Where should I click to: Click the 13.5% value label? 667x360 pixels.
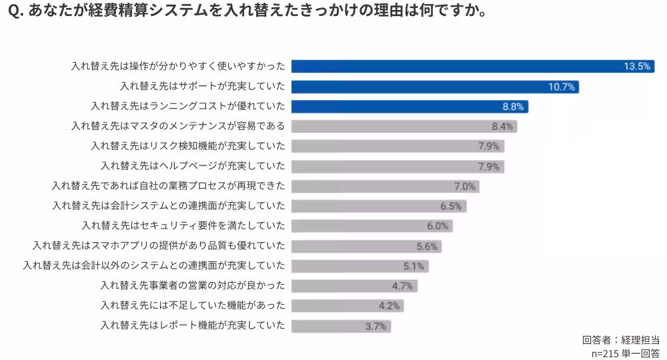click(636, 67)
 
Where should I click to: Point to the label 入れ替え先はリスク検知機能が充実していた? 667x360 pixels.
click(188, 146)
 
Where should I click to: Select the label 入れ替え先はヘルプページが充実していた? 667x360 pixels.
click(193, 166)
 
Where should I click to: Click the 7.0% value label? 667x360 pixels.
click(464, 187)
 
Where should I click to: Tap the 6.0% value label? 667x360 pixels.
click(438, 226)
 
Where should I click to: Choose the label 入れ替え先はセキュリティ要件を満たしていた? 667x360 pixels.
click(183, 226)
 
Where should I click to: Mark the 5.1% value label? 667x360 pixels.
click(414, 266)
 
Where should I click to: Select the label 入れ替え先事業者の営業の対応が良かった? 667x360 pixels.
click(193, 286)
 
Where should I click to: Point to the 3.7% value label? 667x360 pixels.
click(376, 326)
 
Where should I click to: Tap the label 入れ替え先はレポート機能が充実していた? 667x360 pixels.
click(193, 326)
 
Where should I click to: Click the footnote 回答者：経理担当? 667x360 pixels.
click(621, 340)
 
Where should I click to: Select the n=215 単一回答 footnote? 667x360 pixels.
click(626, 353)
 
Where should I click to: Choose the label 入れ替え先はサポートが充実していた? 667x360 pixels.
click(203, 87)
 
